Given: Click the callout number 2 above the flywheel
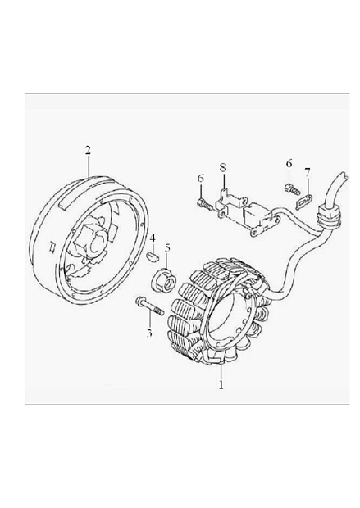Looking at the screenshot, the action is coord(88,151).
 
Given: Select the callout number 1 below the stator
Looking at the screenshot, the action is coord(221,384).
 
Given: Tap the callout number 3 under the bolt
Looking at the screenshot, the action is coord(149,333).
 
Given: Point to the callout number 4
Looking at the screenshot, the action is coord(152,238).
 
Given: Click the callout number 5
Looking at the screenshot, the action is coord(167,248).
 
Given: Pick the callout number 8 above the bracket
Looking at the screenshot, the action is coord(222,168).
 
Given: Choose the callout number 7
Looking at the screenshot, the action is coord(308,173).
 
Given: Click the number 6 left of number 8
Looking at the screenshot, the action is coord(201,178).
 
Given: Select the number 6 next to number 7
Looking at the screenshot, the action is coord(289,163).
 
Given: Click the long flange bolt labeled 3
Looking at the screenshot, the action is coord(149,306).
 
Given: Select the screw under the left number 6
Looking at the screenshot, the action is coord(205,204).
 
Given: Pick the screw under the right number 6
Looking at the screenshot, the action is coord(293,189).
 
